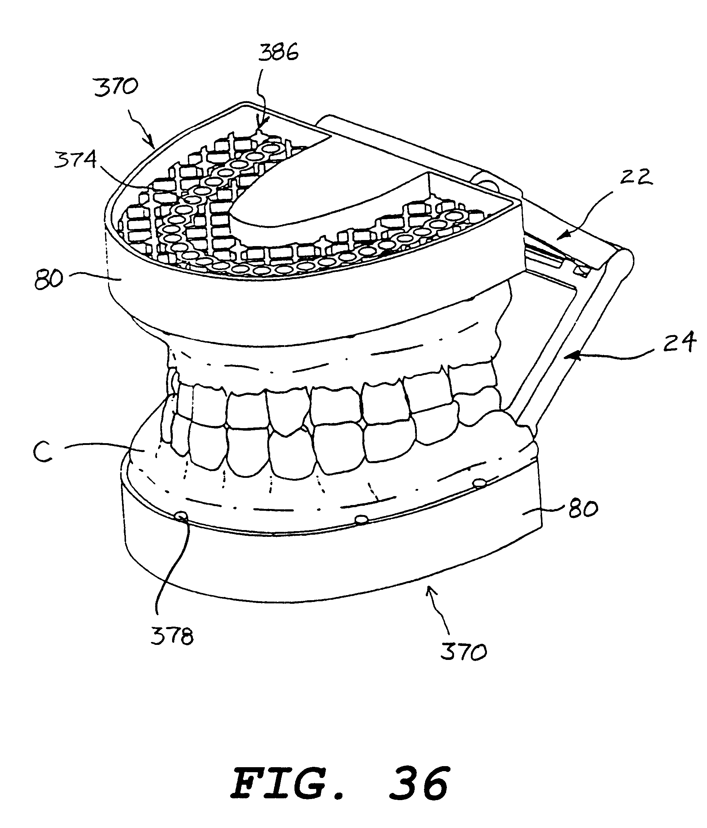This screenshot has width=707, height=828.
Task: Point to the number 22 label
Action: pos(636,177)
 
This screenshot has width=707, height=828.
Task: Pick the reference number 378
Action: pos(172,636)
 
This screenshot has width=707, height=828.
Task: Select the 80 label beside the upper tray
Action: pos(49,279)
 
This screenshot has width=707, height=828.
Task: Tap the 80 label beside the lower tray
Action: pos(583,509)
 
